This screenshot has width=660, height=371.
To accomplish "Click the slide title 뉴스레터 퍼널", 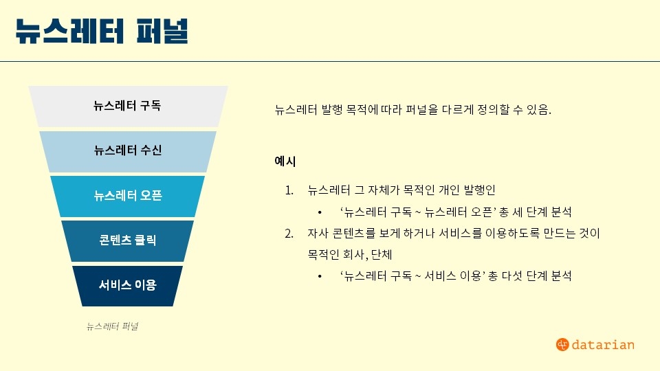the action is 102,31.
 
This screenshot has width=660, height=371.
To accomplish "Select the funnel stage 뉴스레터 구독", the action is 128,106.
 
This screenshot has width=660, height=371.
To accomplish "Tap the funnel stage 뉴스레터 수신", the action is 128,151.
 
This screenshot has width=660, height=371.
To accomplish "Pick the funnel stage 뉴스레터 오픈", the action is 128,196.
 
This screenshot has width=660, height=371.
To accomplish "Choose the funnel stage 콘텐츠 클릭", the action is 128,241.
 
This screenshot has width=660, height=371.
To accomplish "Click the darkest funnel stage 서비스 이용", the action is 128,286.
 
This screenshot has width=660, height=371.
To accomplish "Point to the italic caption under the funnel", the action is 112,326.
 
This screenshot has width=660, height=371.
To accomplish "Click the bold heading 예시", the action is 285,161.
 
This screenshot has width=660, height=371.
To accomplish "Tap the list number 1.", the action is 289,190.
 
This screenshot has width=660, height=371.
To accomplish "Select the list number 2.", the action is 289,233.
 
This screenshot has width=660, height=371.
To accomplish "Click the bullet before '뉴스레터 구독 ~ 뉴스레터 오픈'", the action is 320,212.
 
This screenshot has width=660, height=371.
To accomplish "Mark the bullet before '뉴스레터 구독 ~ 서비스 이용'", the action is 320,276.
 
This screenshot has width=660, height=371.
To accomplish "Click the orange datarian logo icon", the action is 562,344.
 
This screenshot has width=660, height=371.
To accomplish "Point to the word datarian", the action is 603,345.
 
